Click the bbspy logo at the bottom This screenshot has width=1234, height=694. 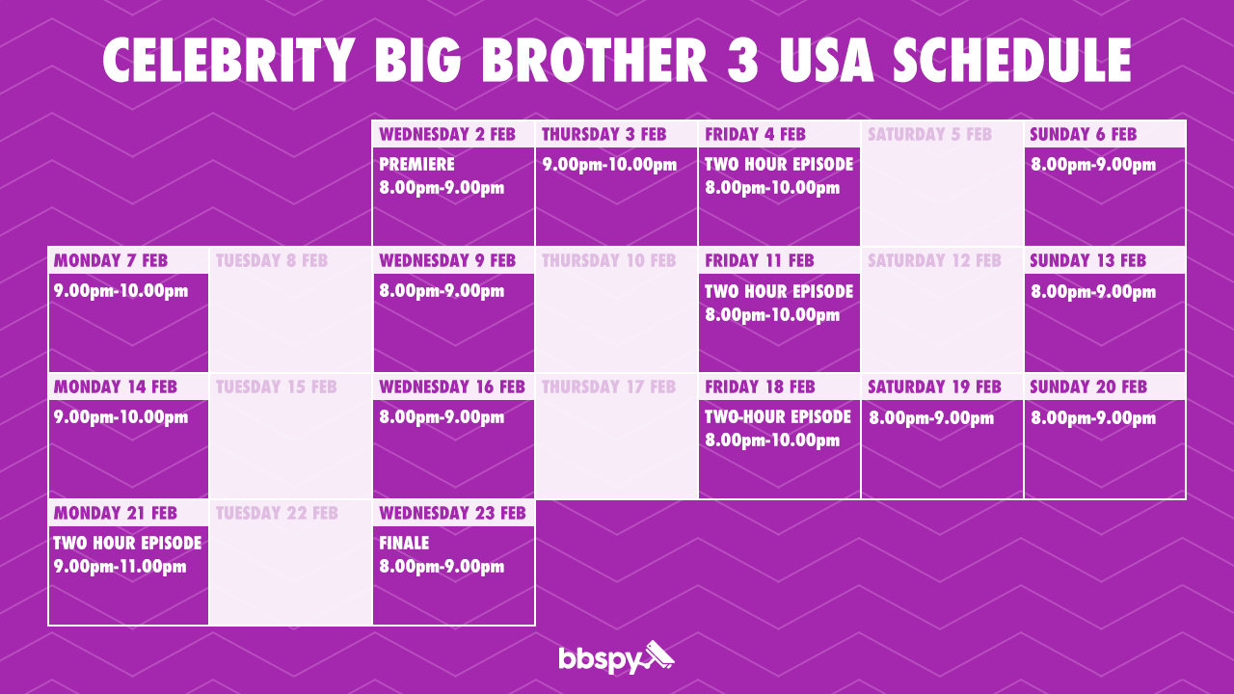click(x=616, y=658)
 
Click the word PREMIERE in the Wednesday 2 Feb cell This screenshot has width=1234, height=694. click(x=416, y=165)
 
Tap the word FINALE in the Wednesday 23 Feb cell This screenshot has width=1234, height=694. click(x=404, y=544)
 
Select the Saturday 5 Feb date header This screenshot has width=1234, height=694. click(x=929, y=134)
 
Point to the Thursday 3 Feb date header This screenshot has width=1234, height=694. click(x=604, y=134)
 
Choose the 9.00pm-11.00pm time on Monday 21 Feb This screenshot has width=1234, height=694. click(x=120, y=567)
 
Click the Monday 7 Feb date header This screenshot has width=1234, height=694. click(x=111, y=260)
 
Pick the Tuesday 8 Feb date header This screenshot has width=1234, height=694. click(x=271, y=260)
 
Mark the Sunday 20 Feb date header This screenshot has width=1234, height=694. click(x=1088, y=387)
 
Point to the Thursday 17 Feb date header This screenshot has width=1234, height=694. click(x=608, y=387)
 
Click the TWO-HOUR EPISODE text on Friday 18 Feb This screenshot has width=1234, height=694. click(x=778, y=417)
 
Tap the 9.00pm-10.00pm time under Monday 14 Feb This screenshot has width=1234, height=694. click(x=121, y=418)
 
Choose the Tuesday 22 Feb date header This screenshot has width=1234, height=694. click(x=277, y=513)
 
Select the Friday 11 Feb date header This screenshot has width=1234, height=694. click(x=760, y=260)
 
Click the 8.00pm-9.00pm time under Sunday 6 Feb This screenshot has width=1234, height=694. click(x=1093, y=165)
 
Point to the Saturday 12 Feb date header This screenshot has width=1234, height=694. click(x=934, y=260)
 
